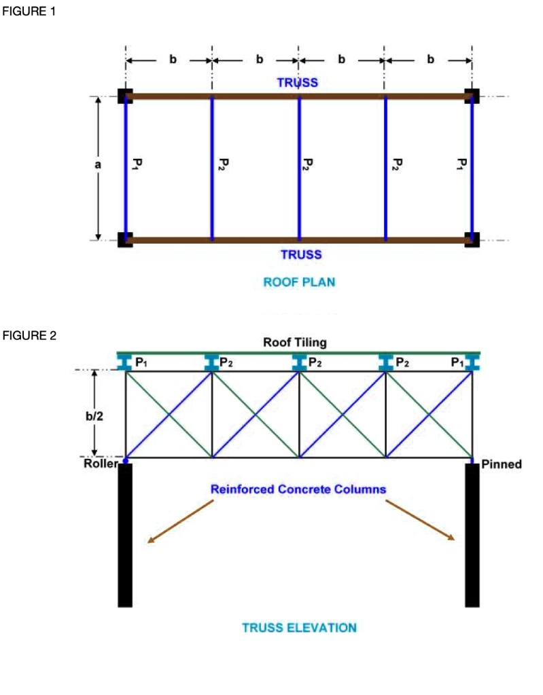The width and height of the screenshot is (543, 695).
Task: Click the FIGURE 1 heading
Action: (x=29, y=12)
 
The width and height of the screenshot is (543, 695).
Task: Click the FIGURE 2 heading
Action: (x=29, y=335)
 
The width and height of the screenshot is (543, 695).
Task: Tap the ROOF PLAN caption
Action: (x=299, y=282)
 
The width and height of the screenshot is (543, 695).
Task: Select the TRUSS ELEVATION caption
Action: (x=299, y=627)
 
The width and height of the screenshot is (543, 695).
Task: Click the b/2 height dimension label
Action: (x=94, y=415)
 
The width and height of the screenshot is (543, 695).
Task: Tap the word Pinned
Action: (x=501, y=465)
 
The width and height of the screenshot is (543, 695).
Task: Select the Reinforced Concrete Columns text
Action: (x=298, y=489)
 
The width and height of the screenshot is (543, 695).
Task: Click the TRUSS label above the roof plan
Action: (x=298, y=83)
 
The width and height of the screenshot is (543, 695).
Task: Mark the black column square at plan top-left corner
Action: (x=125, y=96)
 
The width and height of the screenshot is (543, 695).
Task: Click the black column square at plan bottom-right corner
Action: (x=472, y=240)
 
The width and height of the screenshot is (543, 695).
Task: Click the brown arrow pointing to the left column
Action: (x=180, y=522)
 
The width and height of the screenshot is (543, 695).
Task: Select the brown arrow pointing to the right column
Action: (x=421, y=521)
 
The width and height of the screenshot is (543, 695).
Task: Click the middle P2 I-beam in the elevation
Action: (x=298, y=362)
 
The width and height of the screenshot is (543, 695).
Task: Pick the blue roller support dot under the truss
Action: (x=126, y=461)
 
